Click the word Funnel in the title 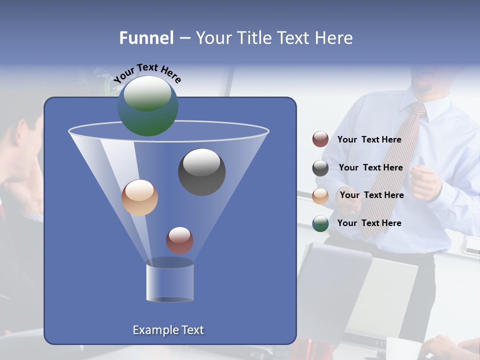pyautogui.click(x=146, y=38)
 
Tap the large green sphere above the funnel pyautogui.click(x=147, y=105)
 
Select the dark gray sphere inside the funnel pyautogui.click(x=201, y=171)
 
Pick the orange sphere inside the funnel pyautogui.click(x=139, y=197)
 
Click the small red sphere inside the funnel pyautogui.click(x=179, y=240)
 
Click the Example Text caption pyautogui.click(x=168, y=330)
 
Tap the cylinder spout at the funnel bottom pyautogui.click(x=169, y=282)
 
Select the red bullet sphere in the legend pyautogui.click(x=320, y=139)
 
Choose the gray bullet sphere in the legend pyautogui.click(x=320, y=168)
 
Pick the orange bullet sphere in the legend pyautogui.click(x=320, y=196)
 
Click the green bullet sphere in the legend pyautogui.click(x=320, y=223)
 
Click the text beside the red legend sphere pyautogui.click(x=369, y=140)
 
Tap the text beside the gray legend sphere pyautogui.click(x=370, y=168)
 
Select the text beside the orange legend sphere pyautogui.click(x=371, y=195)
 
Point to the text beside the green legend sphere pyautogui.click(x=369, y=223)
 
